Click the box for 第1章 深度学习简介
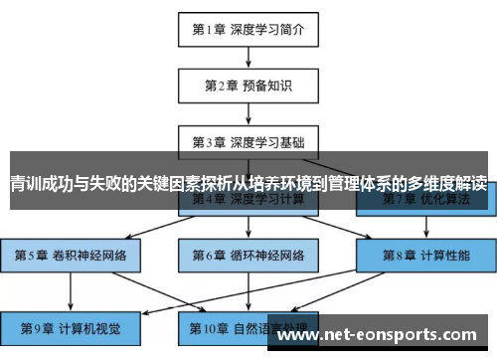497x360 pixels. tap(248, 28)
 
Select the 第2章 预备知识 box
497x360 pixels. tap(248, 85)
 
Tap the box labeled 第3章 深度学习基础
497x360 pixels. tap(248, 141)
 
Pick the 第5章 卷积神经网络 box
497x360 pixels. tap(71, 256)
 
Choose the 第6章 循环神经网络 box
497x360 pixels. tap(248, 256)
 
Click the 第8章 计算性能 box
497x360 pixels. tap(425, 256)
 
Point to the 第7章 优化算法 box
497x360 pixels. tap(425, 199)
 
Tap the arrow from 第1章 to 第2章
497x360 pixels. tap(248, 56)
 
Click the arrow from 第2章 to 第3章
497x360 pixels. tap(248, 112)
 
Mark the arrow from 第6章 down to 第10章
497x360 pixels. tap(248, 289)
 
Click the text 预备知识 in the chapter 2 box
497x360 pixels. tap(268, 85)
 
